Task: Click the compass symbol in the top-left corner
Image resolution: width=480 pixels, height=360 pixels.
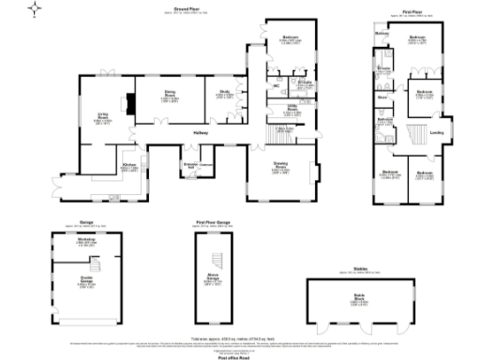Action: tap(37, 10)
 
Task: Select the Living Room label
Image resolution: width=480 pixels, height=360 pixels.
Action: tap(97, 120)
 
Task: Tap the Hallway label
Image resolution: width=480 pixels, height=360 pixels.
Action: tap(200, 133)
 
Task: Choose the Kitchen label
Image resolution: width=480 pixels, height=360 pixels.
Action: tap(130, 168)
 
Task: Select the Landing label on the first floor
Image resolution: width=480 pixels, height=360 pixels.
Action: tap(436, 132)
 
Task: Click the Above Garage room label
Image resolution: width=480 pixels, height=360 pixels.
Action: tap(214, 278)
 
